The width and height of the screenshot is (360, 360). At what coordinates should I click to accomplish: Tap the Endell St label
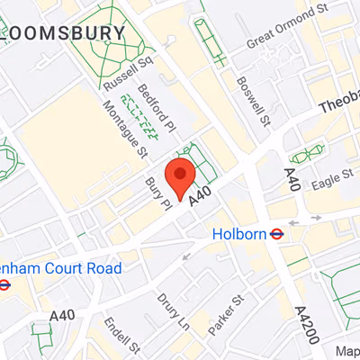pos(122,335)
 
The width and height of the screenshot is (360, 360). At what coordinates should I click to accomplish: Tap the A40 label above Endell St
pos(63,316)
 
